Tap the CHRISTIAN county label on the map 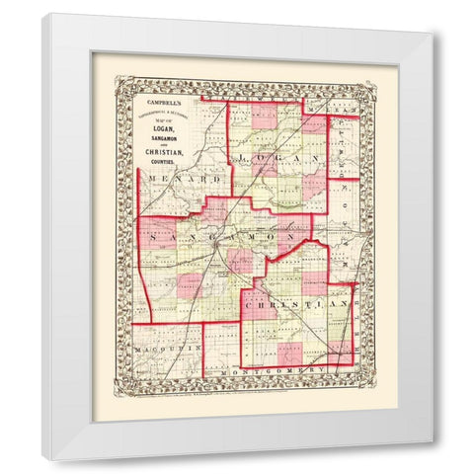(x=302, y=307)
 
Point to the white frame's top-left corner (x=43, y=15)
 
